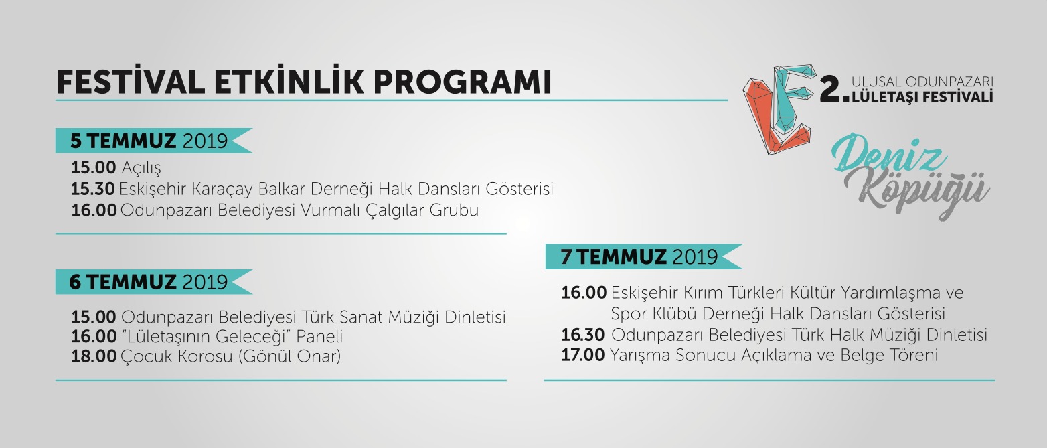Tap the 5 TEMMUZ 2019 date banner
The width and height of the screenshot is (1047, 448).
click(x=153, y=141)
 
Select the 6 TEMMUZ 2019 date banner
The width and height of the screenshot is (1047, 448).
click(x=153, y=282)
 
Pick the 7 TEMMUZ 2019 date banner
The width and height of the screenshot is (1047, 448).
click(x=643, y=256)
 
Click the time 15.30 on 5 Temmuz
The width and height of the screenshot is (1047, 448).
click(x=92, y=189)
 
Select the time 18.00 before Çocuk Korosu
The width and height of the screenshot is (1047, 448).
click(x=94, y=356)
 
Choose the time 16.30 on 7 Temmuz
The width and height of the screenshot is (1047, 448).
click(x=583, y=335)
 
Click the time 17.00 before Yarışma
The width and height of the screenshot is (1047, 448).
click(x=583, y=355)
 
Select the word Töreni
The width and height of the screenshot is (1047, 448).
click(x=913, y=355)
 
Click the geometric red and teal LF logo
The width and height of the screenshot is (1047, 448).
click(x=779, y=110)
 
